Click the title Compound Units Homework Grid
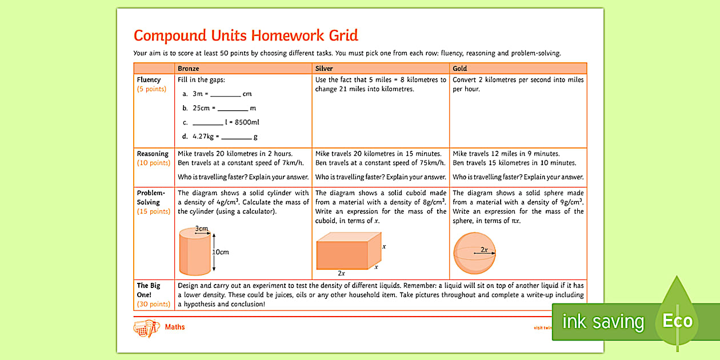246,35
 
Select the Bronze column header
188,69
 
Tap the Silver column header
324,69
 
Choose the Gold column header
460,69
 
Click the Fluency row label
149,80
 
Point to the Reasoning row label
153,154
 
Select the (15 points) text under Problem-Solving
154,211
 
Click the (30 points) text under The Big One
154,304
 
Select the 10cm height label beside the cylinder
221,252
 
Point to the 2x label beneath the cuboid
341,274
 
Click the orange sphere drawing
474,253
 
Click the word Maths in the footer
175,327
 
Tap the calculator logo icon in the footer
145,328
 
